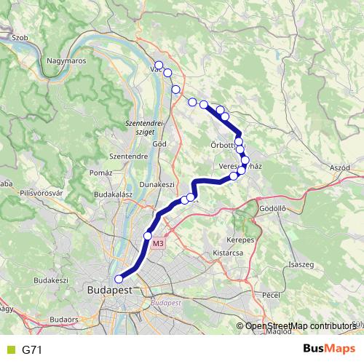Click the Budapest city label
tap(109, 289)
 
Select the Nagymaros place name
tap(66, 61)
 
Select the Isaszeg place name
tap(301, 264)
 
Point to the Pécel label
tap(272, 296)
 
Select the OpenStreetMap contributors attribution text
tap(300, 326)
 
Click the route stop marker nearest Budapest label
tap(119, 277)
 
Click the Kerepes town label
tap(240, 240)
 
